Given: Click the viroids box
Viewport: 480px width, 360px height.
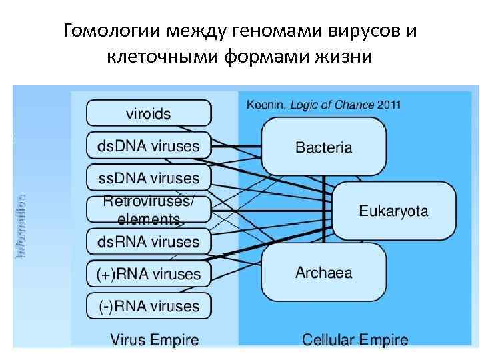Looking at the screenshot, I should (149, 113).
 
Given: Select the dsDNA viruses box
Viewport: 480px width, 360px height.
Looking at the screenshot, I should (149, 145).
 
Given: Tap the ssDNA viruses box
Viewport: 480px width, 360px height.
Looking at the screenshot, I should (149, 178).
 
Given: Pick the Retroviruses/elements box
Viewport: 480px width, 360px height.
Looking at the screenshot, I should (149, 209).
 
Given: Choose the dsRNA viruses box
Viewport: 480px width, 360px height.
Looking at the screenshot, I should (149, 241).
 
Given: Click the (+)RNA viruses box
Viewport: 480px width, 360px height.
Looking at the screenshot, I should (149, 274).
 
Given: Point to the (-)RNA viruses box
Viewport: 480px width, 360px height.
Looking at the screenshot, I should (149, 306).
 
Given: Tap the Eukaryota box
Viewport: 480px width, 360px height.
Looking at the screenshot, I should (393, 211).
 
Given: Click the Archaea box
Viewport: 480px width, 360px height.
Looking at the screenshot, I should (323, 273).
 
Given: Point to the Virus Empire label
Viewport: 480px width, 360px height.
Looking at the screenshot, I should (155, 340).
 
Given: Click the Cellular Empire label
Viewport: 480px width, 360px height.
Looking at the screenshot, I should (355, 340).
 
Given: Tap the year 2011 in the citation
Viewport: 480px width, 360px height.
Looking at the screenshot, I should (389, 105).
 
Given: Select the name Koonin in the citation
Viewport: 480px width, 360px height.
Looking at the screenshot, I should (265, 105).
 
